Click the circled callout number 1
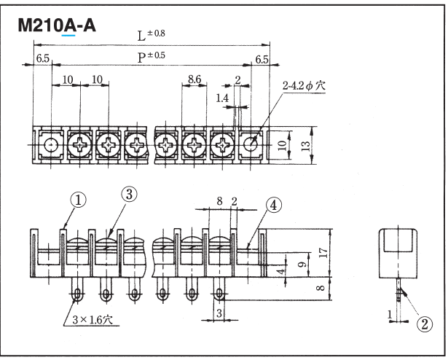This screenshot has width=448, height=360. point(78,198)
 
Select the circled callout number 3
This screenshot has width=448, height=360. point(129,194)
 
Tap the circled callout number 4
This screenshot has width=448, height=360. point(272,205)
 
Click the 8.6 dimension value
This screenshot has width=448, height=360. point(194,78)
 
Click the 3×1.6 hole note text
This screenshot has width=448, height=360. point(92,318)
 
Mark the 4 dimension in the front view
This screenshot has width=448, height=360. point(281,272)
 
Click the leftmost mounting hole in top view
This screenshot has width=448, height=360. point(50,144)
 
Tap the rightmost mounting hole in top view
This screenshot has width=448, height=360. point(251,144)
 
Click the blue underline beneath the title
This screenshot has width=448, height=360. point(69,35)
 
